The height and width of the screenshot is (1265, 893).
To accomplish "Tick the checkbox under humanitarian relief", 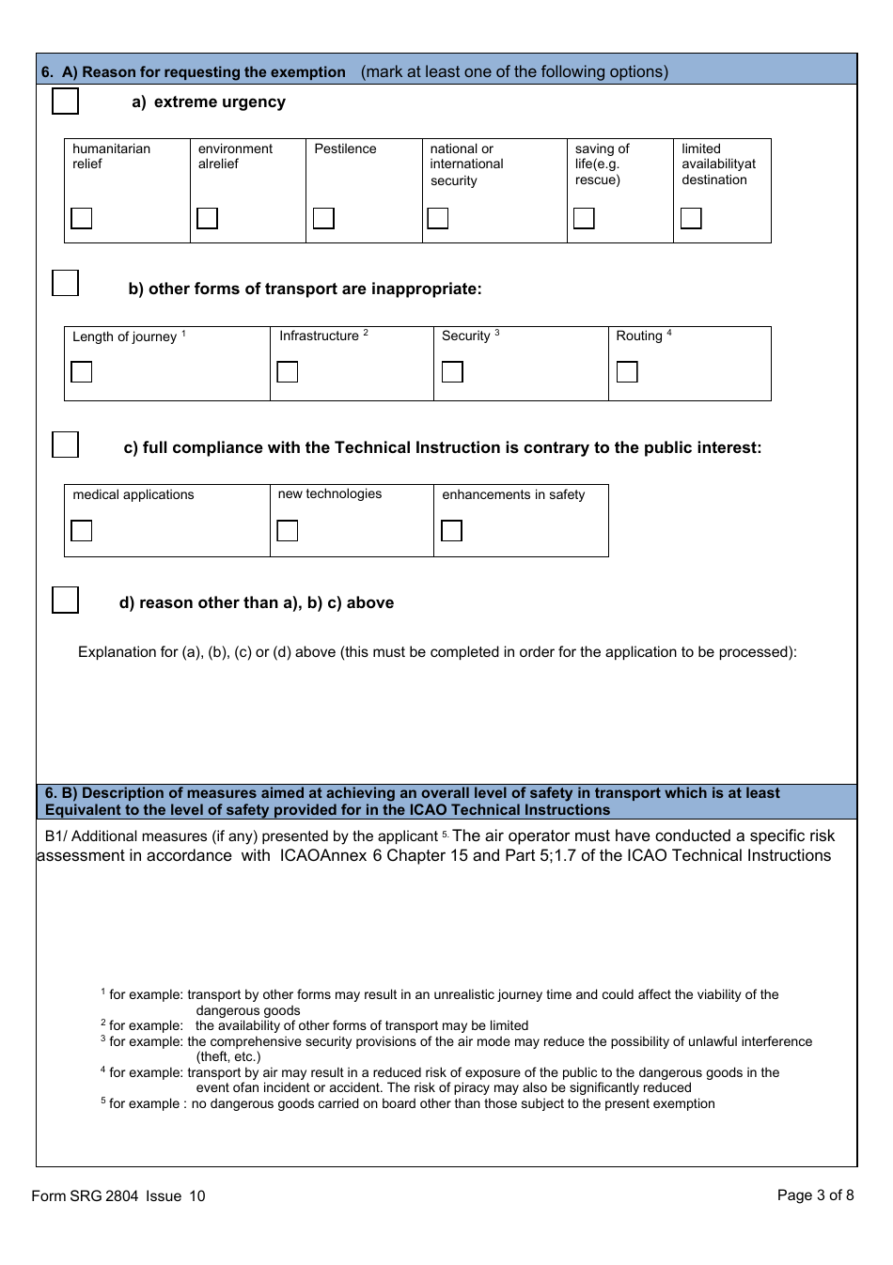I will (82, 218).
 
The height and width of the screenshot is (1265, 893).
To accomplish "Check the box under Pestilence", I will (323, 218).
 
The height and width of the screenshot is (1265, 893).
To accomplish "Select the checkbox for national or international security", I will (438, 218).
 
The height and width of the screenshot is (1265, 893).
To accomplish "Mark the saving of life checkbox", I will (584, 218).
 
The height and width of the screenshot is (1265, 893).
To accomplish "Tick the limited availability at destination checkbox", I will (691, 218).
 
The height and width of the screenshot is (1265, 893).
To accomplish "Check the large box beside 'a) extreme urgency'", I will (65, 102).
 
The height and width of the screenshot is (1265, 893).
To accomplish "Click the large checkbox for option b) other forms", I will (65, 283).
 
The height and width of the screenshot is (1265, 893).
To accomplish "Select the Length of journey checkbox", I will (82, 372).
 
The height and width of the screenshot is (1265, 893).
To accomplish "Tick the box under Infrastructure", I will (288, 372).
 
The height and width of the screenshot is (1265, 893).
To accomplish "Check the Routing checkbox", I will (627, 372).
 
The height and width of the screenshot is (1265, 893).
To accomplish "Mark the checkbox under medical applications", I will (82, 531).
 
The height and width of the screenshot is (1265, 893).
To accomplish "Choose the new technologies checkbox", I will (288, 531).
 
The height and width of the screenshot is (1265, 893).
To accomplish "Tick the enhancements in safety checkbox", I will (452, 531).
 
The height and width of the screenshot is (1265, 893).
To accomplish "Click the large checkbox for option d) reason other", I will (65, 600).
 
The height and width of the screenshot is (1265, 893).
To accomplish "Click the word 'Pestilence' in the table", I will (345, 149).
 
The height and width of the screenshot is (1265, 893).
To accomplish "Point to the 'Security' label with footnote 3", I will (466, 336).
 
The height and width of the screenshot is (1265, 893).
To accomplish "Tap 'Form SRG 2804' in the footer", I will (85, 1195).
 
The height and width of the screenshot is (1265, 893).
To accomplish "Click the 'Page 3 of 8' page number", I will (815, 1195).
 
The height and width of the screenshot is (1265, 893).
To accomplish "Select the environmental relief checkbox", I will (208, 218).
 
